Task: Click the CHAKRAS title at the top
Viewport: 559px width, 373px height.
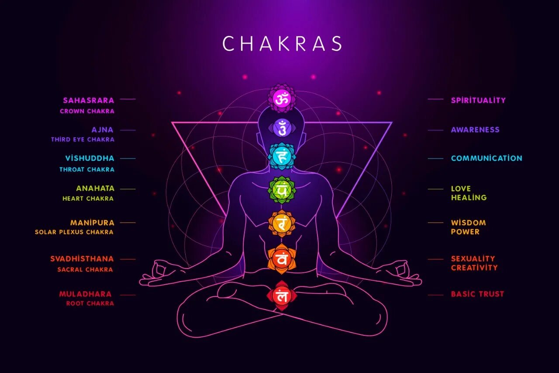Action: tap(282, 44)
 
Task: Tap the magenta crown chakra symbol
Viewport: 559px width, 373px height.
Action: tap(281, 98)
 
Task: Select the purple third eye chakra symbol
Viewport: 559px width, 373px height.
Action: tap(282, 128)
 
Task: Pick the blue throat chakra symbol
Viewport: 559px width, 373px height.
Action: tap(282, 156)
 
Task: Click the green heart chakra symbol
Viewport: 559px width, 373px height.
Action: tap(282, 190)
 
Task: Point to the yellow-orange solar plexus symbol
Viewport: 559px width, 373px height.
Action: tap(282, 223)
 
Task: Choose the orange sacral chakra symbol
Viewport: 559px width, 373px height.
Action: tap(282, 259)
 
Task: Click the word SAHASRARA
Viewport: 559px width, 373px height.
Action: tap(88, 100)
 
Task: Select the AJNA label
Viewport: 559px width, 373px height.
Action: tap(103, 129)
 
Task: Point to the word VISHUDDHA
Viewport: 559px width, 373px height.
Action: tap(90, 158)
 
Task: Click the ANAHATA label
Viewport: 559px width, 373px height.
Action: tap(95, 188)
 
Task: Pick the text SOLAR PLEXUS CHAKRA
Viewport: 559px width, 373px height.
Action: tap(74, 232)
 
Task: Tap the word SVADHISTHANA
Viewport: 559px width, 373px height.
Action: tap(82, 259)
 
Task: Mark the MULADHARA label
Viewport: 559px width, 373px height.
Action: tap(86, 294)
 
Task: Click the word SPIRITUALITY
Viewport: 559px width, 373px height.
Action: tap(478, 100)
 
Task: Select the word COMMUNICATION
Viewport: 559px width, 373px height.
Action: tap(487, 158)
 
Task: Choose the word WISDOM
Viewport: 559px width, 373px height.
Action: tap(468, 223)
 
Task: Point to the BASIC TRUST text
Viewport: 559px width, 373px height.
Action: tap(477, 294)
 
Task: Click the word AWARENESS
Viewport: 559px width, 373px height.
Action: tap(475, 129)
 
